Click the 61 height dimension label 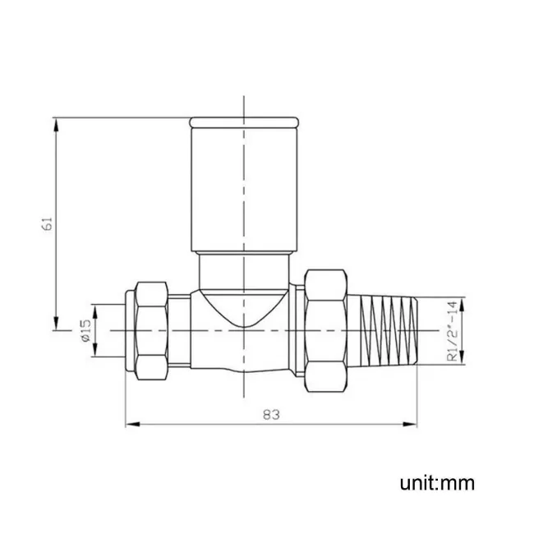coord(48,223)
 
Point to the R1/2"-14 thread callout coord(451,330)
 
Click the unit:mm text coord(437,481)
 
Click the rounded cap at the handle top coord(242,122)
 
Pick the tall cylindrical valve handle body coord(242,189)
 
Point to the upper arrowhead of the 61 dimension coord(57,125)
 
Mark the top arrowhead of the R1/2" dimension coord(462,302)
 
